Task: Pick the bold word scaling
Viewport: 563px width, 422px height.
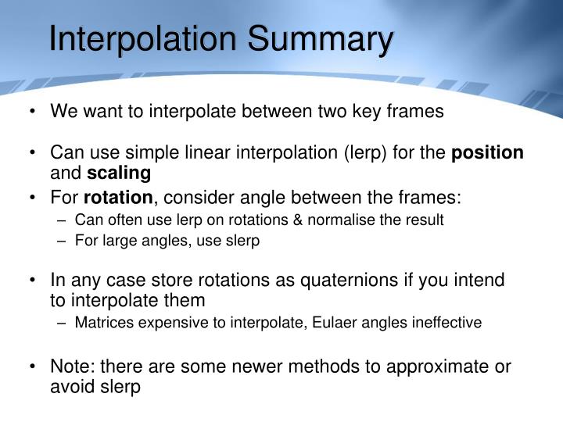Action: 119,172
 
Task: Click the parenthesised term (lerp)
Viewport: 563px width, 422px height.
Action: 365,152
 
